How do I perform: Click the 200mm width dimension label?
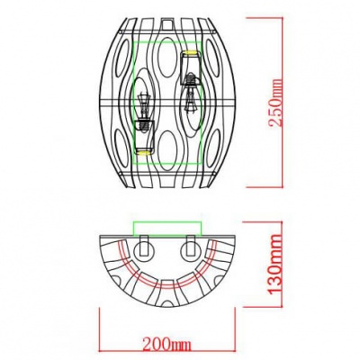pyautogui.click(x=166, y=342)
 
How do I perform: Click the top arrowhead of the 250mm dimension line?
pyautogui.click(x=268, y=16)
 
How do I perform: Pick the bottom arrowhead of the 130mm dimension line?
pyautogui.click(x=268, y=305)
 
